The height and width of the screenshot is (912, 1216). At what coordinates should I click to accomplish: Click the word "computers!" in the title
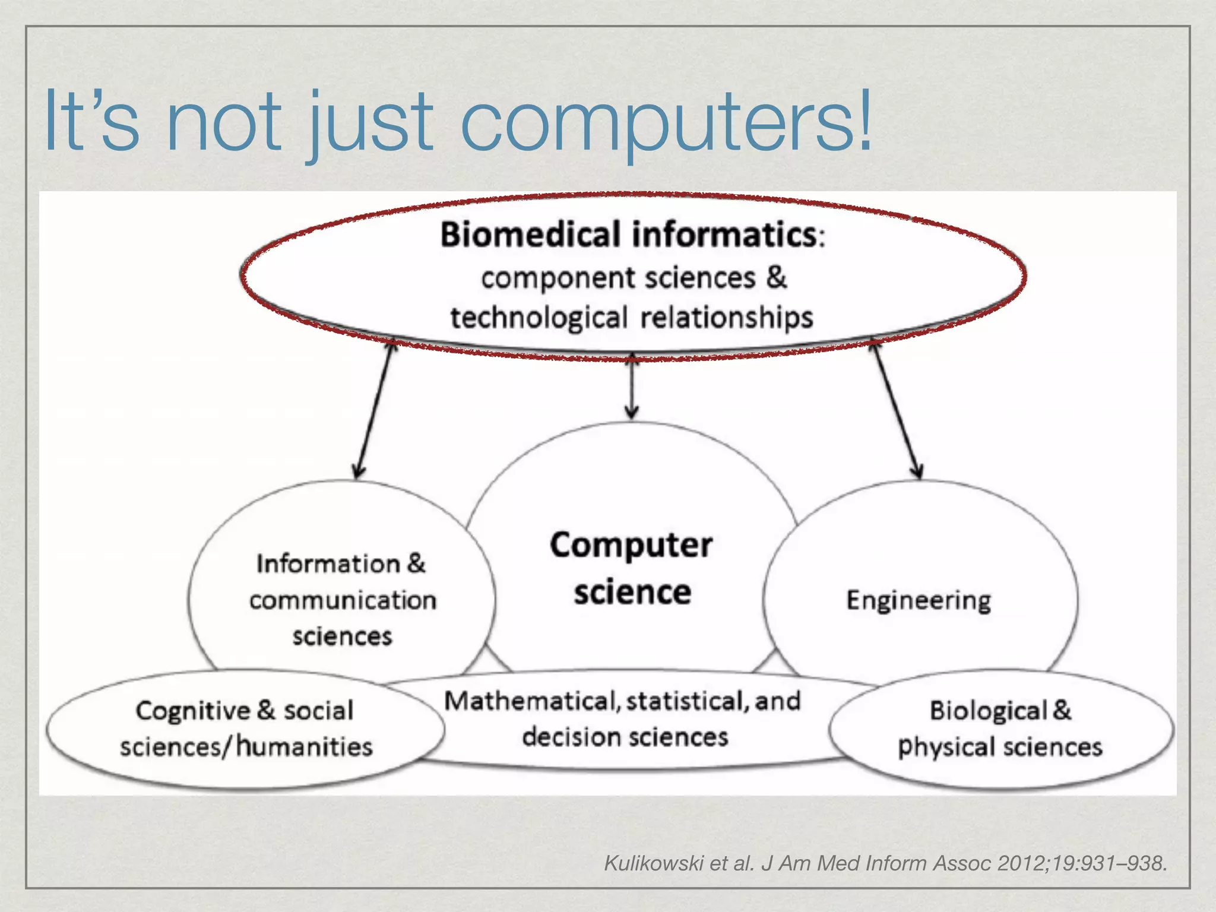click(665, 122)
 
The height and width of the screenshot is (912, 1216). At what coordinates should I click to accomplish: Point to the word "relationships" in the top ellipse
click(727, 318)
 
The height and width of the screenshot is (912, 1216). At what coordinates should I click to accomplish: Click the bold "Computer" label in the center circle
click(631, 545)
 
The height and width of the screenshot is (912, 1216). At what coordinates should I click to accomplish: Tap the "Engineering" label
click(919, 601)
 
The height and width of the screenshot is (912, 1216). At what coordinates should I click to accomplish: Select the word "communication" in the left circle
click(343, 600)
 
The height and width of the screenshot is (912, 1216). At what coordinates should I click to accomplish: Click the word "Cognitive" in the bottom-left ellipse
click(193, 711)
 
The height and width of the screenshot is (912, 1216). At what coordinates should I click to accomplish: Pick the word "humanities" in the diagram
click(305, 747)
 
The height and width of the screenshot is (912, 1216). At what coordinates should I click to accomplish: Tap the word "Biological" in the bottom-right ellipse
click(988, 711)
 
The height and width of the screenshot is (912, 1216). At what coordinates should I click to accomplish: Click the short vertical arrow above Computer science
click(632, 386)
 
